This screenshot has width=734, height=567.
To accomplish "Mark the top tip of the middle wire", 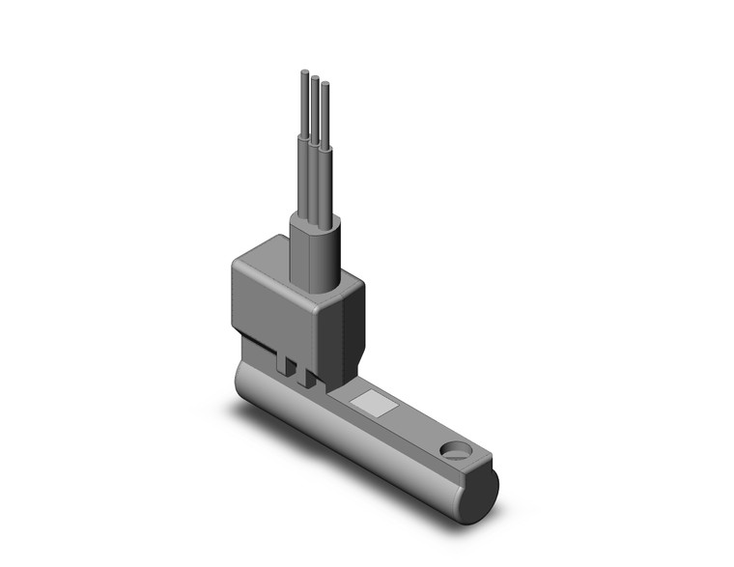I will pyautogui.click(x=315, y=76).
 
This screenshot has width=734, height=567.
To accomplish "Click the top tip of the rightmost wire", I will pyautogui.click(x=325, y=85).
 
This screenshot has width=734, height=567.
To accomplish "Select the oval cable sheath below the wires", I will pyautogui.click(x=314, y=246).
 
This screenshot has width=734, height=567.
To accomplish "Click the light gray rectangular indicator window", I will pyautogui.click(x=368, y=402).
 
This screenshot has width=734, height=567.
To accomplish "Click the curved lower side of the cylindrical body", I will pyautogui.click(x=357, y=454).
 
